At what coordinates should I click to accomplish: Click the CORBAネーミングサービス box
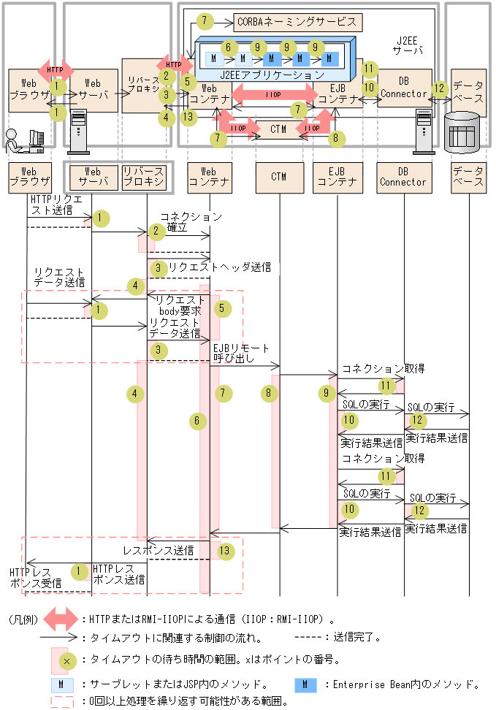[x=297, y=21]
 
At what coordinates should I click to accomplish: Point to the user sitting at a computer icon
[x=24, y=139]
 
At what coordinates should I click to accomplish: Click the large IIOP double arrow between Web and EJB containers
[x=273, y=94]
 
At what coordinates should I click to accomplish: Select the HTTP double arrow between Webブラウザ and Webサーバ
[x=55, y=70]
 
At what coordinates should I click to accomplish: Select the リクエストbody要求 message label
[x=180, y=305]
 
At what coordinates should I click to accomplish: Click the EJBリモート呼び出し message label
[x=240, y=354]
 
